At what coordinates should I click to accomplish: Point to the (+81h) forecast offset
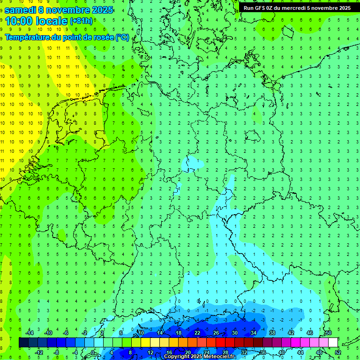[82, 21]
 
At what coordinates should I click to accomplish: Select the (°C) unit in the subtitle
[122, 37]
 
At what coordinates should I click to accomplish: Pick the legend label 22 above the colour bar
[197, 333]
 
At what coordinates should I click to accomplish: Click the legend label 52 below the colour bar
[337, 352]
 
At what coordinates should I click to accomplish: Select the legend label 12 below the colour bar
[150, 352]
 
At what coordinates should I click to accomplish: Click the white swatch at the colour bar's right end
[333, 343]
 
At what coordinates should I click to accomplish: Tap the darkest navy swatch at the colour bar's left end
[23, 343]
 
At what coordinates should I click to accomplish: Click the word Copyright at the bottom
[177, 357]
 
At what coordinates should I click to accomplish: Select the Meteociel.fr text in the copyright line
[220, 357]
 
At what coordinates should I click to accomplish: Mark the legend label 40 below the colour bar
[281, 352]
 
